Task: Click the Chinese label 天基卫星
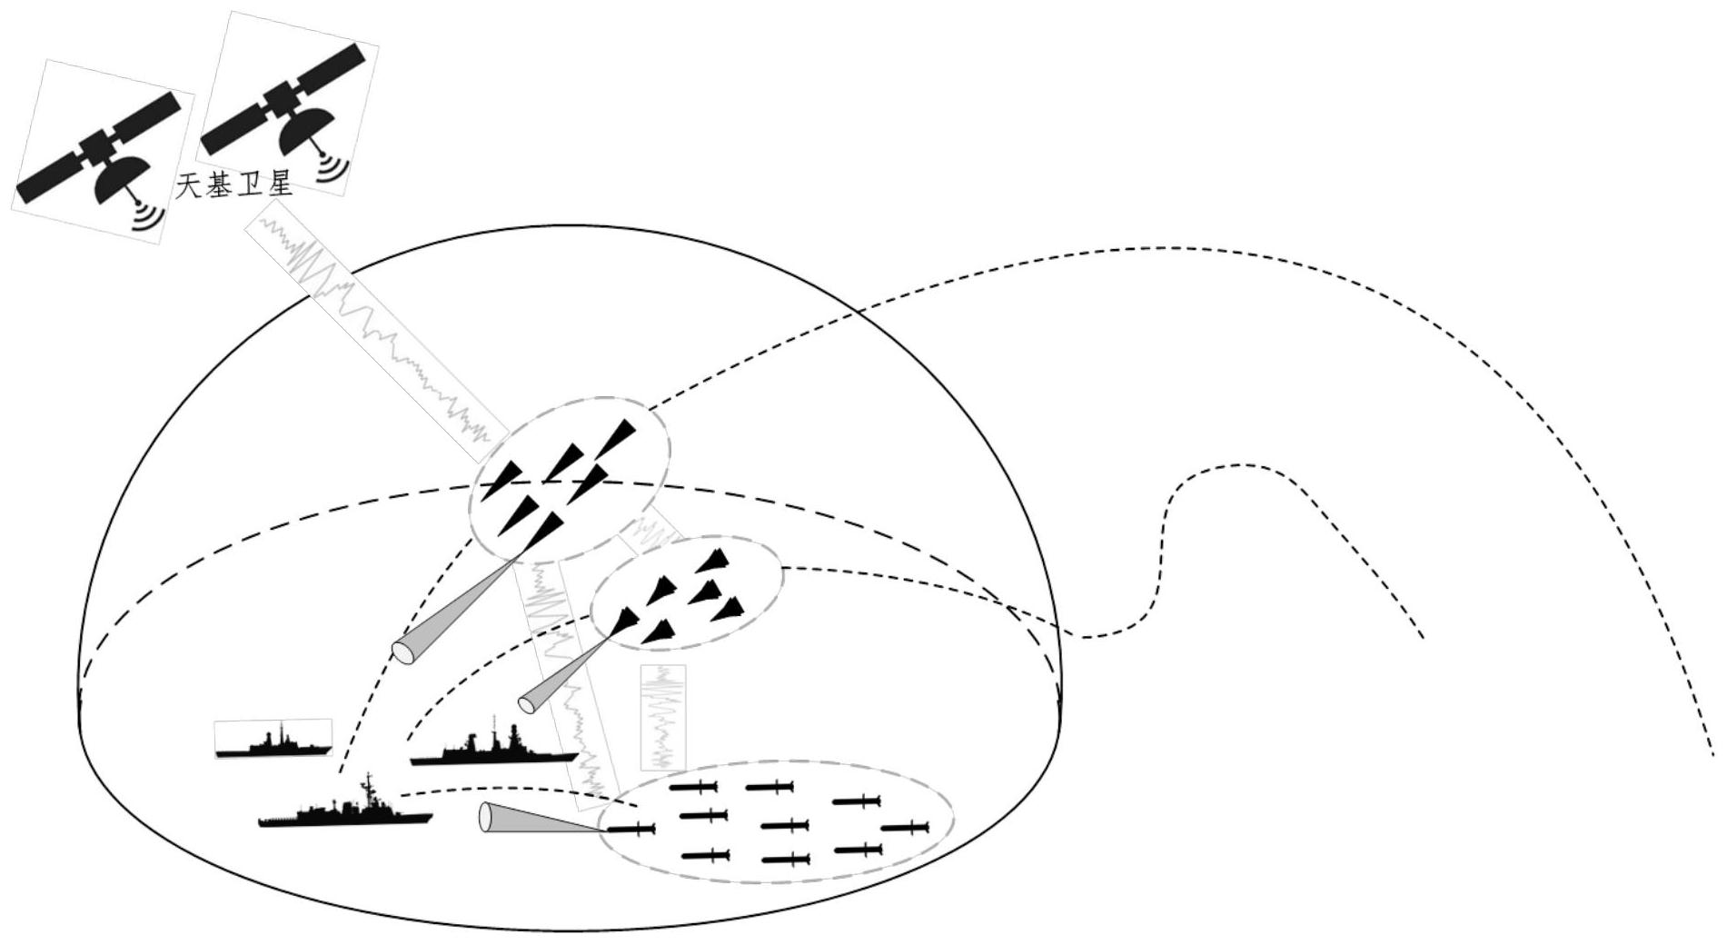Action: pyautogui.click(x=234, y=186)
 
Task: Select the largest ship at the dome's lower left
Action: pyautogui.click(x=345, y=803)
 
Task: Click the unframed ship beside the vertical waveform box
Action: pyautogui.click(x=493, y=742)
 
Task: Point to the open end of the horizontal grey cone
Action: pyautogui.click(x=486, y=817)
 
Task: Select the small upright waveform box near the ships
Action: pyautogui.click(x=663, y=719)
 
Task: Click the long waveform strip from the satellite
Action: pyautogui.click(x=378, y=331)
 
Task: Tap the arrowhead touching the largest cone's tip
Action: pyautogui.click(x=541, y=532)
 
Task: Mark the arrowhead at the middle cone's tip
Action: pyautogui.click(x=624, y=622)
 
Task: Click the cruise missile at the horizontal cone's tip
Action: pyautogui.click(x=630, y=829)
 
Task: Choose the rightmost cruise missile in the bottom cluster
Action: pyautogui.click(x=904, y=827)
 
